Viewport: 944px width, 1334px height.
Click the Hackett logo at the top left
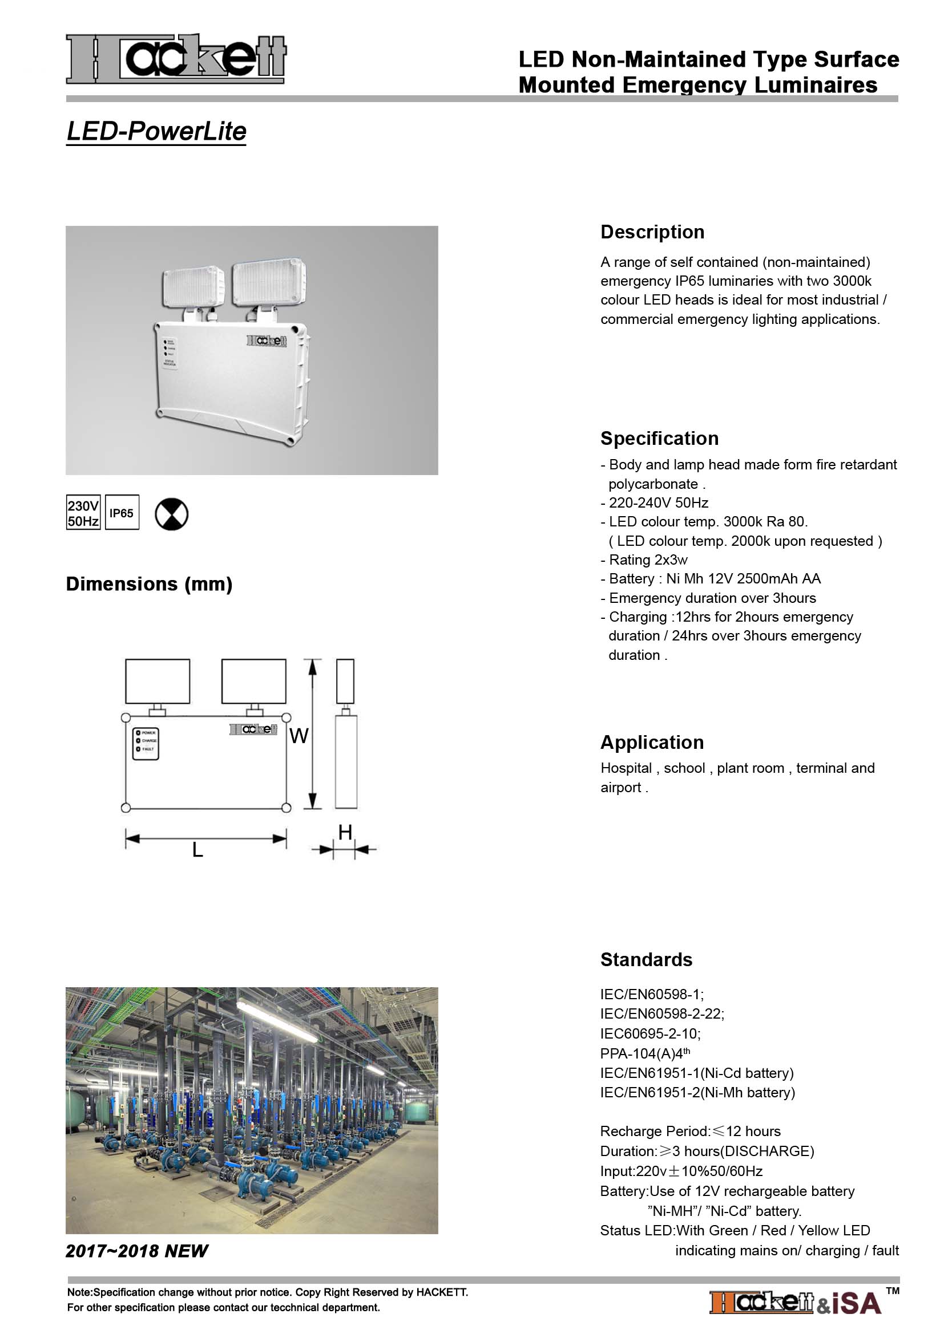pyautogui.click(x=176, y=58)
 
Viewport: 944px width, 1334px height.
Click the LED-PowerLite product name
pyautogui.click(x=156, y=131)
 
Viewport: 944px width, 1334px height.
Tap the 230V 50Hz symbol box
pyautogui.click(x=83, y=513)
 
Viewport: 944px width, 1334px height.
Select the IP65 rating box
pyautogui.click(x=122, y=513)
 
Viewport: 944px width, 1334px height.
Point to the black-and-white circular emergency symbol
pyautogui.click(x=171, y=514)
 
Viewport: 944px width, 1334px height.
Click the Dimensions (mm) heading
pyautogui.click(x=149, y=584)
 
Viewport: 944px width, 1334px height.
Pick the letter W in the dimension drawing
pyautogui.click(x=298, y=736)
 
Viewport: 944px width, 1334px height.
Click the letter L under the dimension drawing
pyautogui.click(x=197, y=850)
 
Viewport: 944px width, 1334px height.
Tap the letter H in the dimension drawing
pyautogui.click(x=345, y=833)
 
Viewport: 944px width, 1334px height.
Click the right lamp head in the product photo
pyautogui.click(x=269, y=283)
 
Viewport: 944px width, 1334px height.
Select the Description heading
pyautogui.click(x=652, y=232)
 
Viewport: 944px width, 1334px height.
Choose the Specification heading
pyautogui.click(x=659, y=438)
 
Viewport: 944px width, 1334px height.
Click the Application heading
pyautogui.click(x=652, y=742)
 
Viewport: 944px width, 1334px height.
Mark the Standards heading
pyautogui.click(x=646, y=959)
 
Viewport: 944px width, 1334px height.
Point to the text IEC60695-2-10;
pyautogui.click(x=651, y=1033)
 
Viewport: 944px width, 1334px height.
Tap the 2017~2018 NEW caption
pyautogui.click(x=136, y=1251)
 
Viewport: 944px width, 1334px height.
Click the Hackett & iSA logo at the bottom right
pyautogui.click(x=795, y=1303)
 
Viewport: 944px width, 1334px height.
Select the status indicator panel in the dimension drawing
pyautogui.click(x=146, y=743)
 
